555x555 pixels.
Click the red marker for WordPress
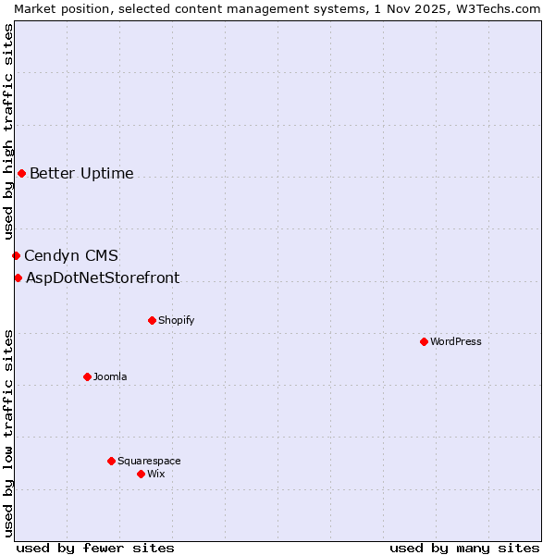pos(424,341)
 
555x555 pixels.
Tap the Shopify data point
pos(152,320)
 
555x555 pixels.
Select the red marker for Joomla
pos(87,376)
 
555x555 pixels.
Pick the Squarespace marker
pos(111,461)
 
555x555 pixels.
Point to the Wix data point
pos(141,474)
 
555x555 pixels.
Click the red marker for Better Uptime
pos(21,173)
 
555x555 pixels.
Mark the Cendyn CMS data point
pos(16,255)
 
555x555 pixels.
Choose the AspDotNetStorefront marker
pos(18,277)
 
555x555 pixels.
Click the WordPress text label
pos(456,341)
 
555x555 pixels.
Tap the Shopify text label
pos(177,320)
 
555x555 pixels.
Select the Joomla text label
pos(110,376)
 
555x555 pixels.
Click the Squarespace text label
pos(149,461)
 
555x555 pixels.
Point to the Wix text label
pos(156,474)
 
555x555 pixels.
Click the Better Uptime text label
pos(81,173)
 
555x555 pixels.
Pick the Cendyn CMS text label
pos(71,255)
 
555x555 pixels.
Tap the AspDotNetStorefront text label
pos(103,277)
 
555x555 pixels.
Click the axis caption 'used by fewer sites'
pos(95,548)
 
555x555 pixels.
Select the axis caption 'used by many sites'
pos(464,548)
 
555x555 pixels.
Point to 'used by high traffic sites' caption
pos(8,132)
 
